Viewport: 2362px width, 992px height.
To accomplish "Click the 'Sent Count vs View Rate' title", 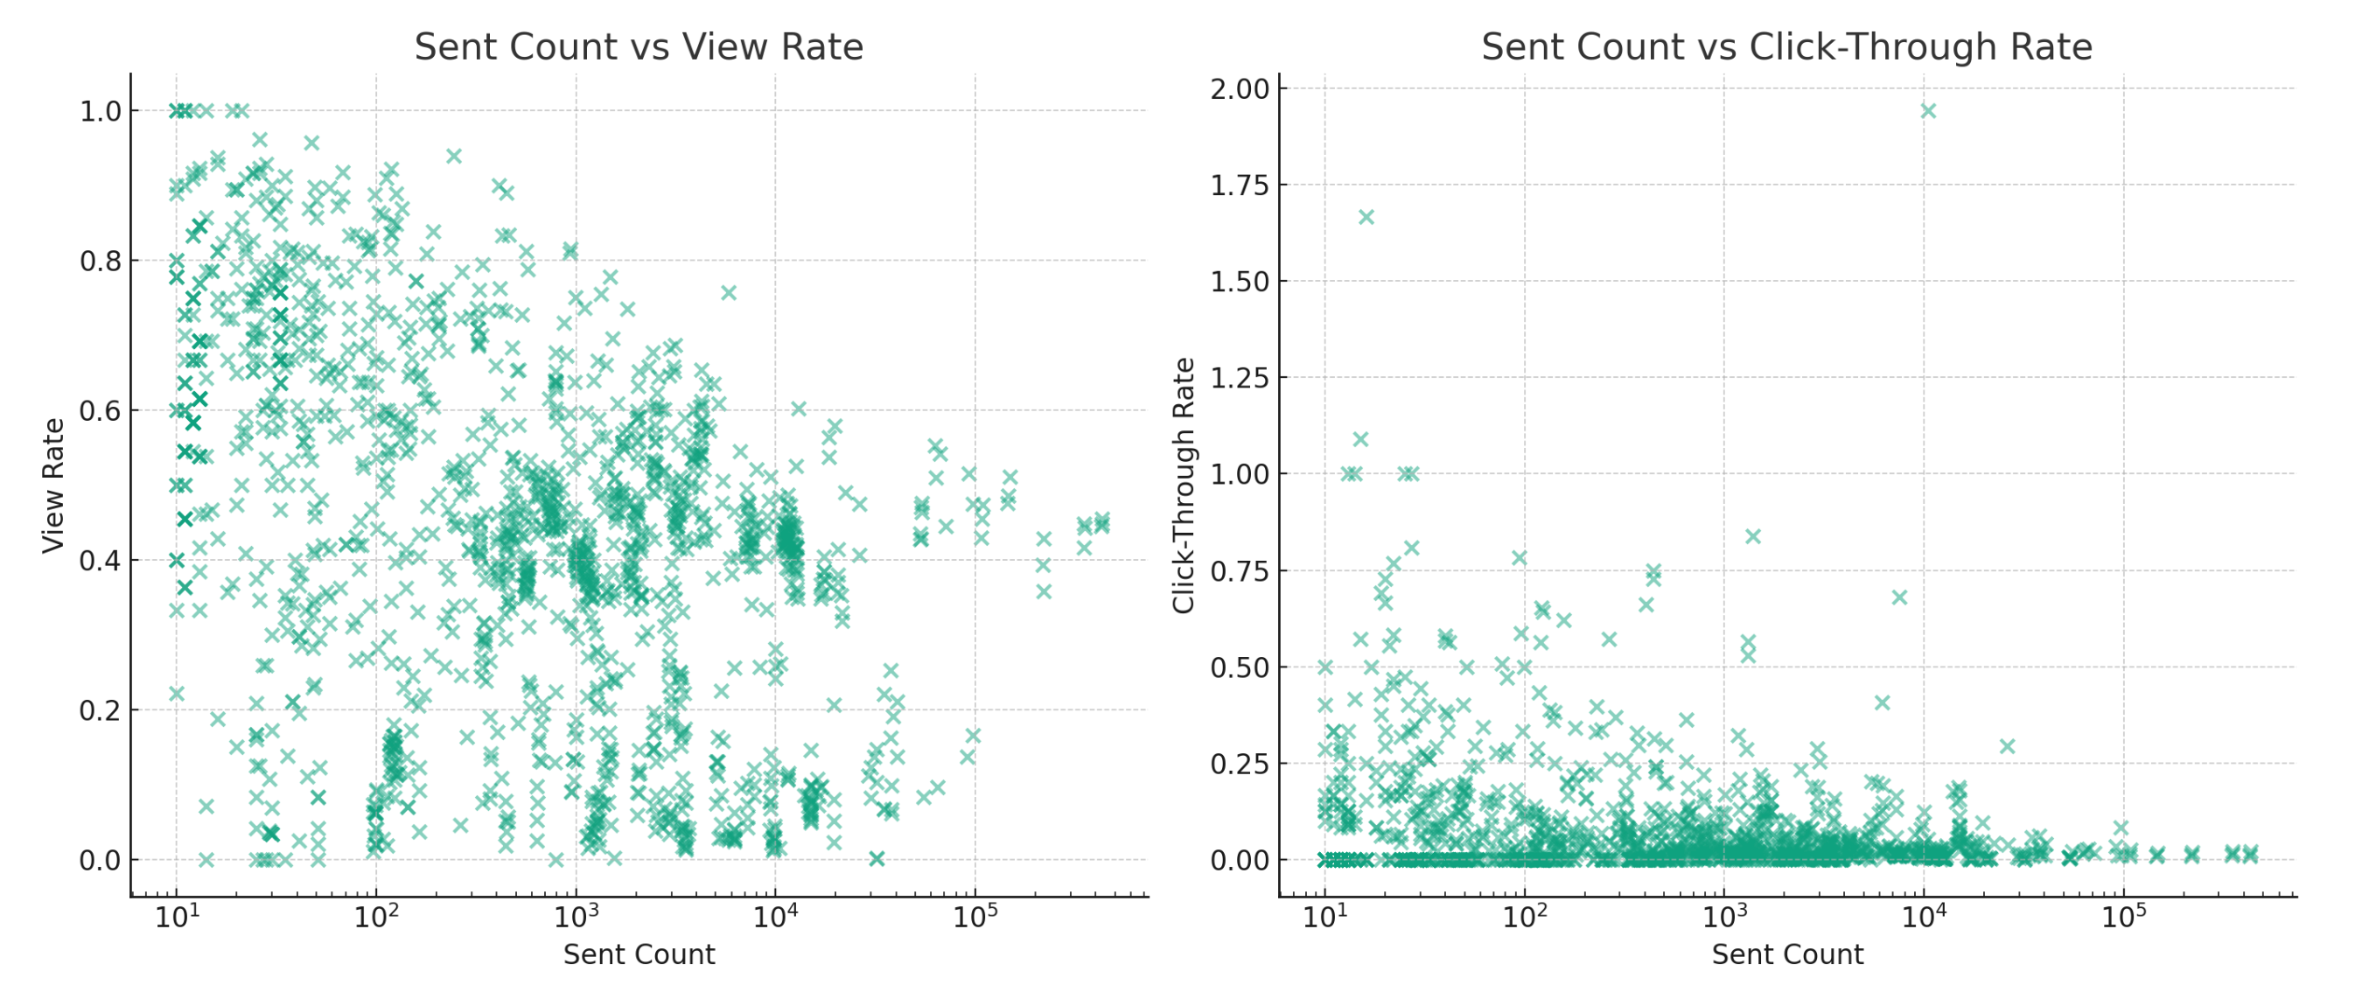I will pyautogui.click(x=639, y=46).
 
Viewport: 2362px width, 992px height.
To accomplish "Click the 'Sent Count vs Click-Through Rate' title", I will pyautogui.click(x=1786, y=46).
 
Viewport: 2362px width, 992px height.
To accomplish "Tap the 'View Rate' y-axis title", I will pyautogui.click(x=53, y=485).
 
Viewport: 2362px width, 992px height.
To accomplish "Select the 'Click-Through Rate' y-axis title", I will pyautogui.click(x=1183, y=485).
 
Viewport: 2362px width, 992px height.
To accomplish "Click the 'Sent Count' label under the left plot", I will pyautogui.click(x=639, y=954).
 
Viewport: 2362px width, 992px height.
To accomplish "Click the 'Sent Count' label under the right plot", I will pyautogui.click(x=1786, y=954).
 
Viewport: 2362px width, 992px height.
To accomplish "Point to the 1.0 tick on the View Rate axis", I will pyautogui.click(x=100, y=111).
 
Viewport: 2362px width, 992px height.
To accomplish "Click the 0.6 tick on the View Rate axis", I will pyautogui.click(x=100, y=411).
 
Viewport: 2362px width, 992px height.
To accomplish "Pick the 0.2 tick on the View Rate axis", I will pyautogui.click(x=100, y=710).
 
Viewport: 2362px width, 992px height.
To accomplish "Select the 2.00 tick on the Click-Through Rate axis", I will pyautogui.click(x=1240, y=89).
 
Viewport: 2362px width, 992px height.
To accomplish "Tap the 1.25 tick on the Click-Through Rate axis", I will pyautogui.click(x=1240, y=378).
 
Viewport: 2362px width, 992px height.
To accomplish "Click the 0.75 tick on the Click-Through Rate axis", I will pyautogui.click(x=1240, y=571).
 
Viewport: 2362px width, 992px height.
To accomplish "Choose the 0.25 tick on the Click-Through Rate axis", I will pyautogui.click(x=1240, y=764).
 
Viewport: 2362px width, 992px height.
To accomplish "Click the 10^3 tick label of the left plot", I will pyautogui.click(x=575, y=916).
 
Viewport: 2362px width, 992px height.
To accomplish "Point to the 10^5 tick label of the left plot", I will pyautogui.click(x=975, y=916).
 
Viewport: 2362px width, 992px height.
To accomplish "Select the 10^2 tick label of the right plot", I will pyautogui.click(x=1524, y=916).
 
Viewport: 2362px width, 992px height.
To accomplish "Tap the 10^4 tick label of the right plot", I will pyautogui.click(x=1923, y=916).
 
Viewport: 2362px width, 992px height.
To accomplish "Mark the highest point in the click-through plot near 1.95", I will pyautogui.click(x=1927, y=111).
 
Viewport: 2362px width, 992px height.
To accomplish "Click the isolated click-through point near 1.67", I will pyautogui.click(x=1366, y=217).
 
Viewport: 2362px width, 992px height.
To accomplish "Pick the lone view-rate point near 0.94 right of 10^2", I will pyautogui.click(x=453, y=156).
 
